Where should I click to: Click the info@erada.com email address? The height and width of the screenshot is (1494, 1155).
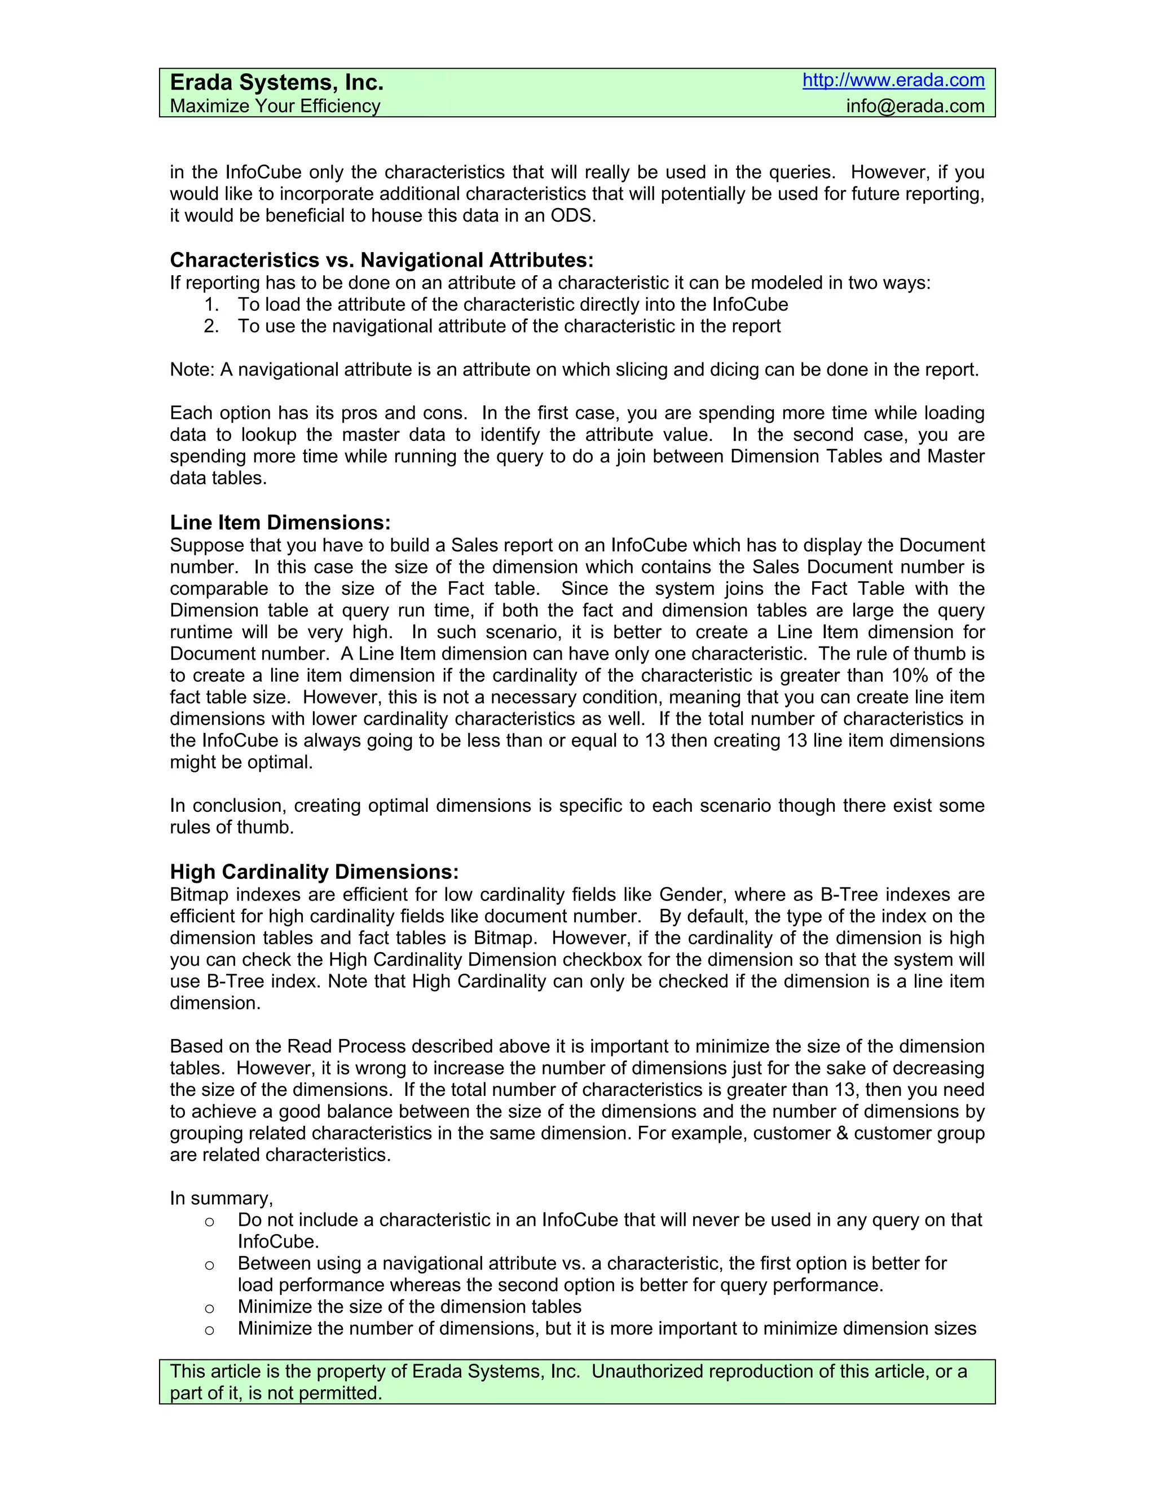click(x=915, y=106)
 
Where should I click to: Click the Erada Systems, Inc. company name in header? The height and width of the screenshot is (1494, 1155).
click(x=276, y=83)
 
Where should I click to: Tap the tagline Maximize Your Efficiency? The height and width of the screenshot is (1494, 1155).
click(x=275, y=106)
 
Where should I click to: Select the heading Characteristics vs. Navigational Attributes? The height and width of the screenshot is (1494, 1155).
click(x=381, y=260)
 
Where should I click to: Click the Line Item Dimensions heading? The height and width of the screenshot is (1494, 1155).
click(x=280, y=523)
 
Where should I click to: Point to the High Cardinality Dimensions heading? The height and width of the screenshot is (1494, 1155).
click(x=314, y=872)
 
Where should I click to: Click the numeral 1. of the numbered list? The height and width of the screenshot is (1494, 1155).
click(x=211, y=304)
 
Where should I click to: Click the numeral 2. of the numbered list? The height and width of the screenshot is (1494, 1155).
click(x=211, y=326)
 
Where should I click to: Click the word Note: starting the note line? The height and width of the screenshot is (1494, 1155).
click(x=192, y=370)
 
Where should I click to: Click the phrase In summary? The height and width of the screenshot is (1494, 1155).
click(x=221, y=1199)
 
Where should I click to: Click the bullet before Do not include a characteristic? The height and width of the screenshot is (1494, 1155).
click(x=209, y=1222)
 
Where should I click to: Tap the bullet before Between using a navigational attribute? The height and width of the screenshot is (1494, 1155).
click(x=209, y=1265)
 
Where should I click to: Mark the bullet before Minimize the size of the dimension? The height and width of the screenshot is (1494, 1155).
click(x=209, y=1309)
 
